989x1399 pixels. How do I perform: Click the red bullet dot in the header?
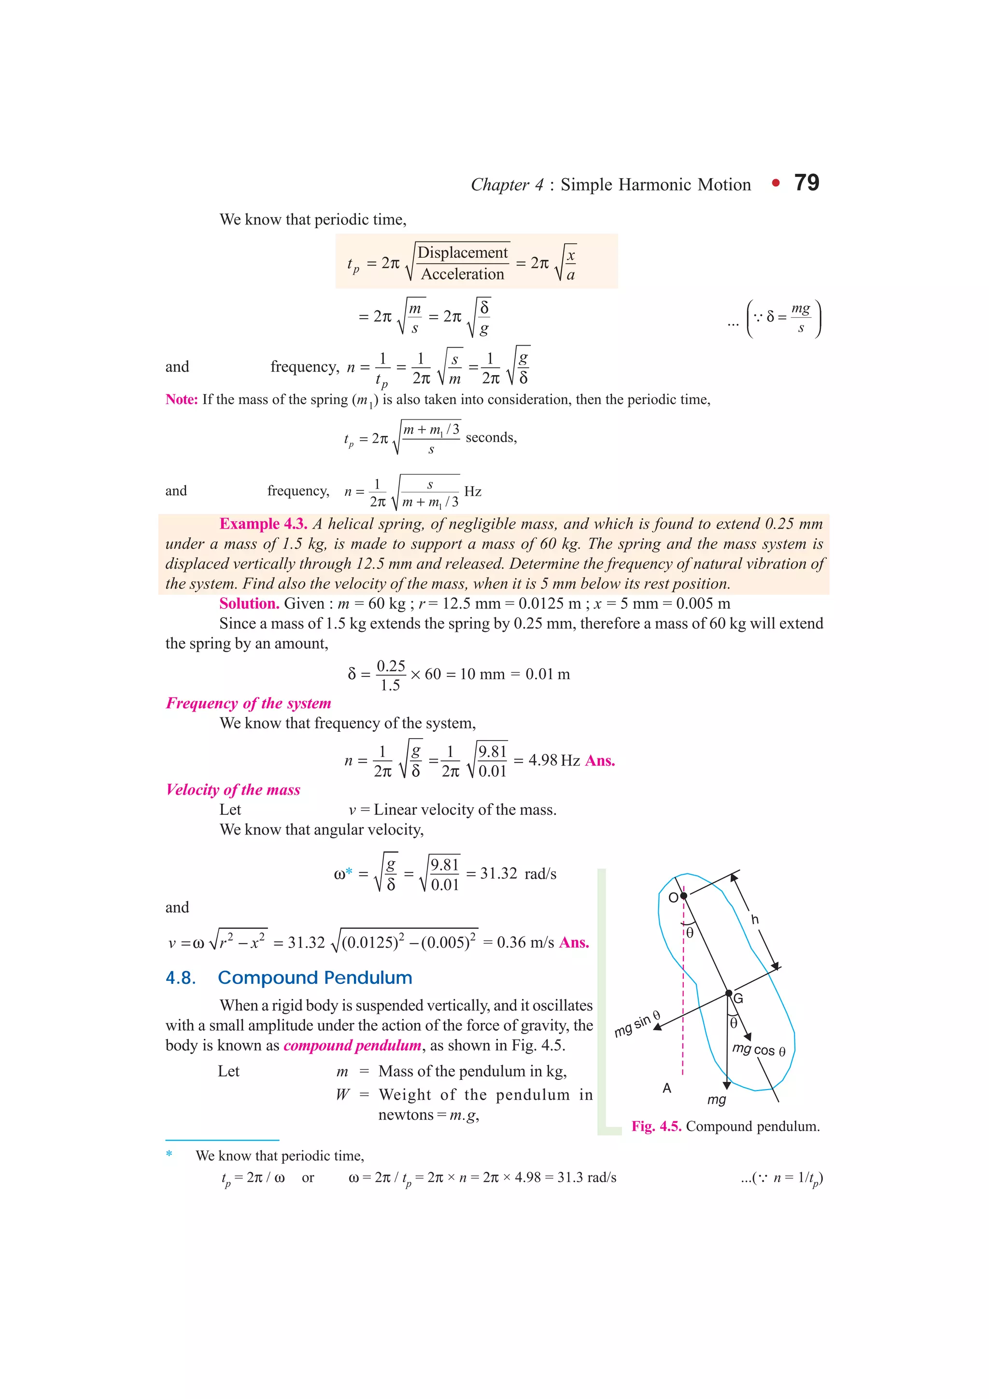pyautogui.click(x=775, y=183)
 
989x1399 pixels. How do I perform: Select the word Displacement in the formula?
pyautogui.click(x=463, y=252)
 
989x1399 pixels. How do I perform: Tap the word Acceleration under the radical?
pyautogui.click(x=463, y=274)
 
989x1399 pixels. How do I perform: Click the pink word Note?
pyautogui.click(x=182, y=400)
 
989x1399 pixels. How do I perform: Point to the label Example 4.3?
pyautogui.click(x=263, y=524)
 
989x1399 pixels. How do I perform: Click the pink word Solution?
pyautogui.click(x=249, y=604)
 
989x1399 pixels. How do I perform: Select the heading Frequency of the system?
pyautogui.click(x=249, y=703)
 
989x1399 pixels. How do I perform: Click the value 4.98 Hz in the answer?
pyautogui.click(x=554, y=760)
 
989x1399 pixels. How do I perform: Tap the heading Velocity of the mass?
pyautogui.click(x=233, y=790)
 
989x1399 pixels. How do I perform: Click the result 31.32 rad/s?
pyautogui.click(x=518, y=874)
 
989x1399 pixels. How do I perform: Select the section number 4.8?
pyautogui.click(x=181, y=978)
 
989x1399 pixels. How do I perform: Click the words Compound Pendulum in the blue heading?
pyautogui.click(x=315, y=978)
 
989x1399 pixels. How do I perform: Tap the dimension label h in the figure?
pyautogui.click(x=755, y=920)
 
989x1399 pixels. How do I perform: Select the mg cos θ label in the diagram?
pyautogui.click(x=759, y=1050)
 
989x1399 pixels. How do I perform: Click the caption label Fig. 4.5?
pyautogui.click(x=656, y=1127)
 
